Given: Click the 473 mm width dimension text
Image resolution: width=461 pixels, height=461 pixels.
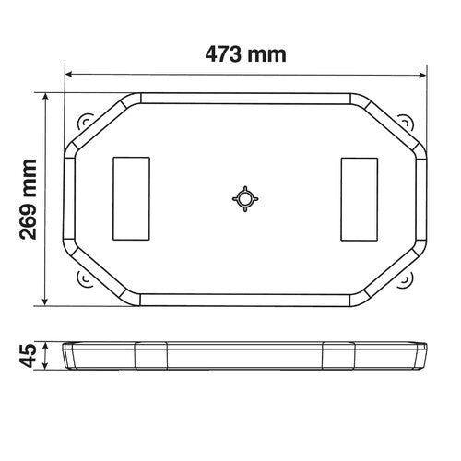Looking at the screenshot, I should click(x=245, y=53).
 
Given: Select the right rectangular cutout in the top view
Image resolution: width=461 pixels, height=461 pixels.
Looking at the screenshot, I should click(x=359, y=197).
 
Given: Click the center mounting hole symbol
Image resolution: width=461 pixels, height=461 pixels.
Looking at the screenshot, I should click(x=244, y=198).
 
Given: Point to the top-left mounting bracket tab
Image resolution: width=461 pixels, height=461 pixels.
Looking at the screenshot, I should click(x=87, y=123).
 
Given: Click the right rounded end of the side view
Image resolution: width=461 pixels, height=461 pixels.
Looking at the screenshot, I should click(x=425, y=355).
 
